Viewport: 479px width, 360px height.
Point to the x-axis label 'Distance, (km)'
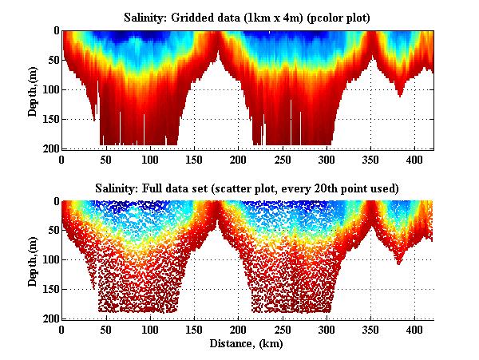pyautogui.click(x=248, y=343)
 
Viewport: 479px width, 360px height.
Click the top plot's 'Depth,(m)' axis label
pyautogui.click(x=33, y=89)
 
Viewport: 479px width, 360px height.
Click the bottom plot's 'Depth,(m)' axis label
pyautogui.click(x=33, y=260)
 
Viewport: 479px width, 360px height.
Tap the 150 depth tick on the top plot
pyautogui.click(x=48, y=119)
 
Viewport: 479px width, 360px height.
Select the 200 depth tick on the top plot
pyautogui.click(x=48, y=148)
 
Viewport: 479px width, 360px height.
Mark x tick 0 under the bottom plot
pyautogui.click(x=62, y=329)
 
